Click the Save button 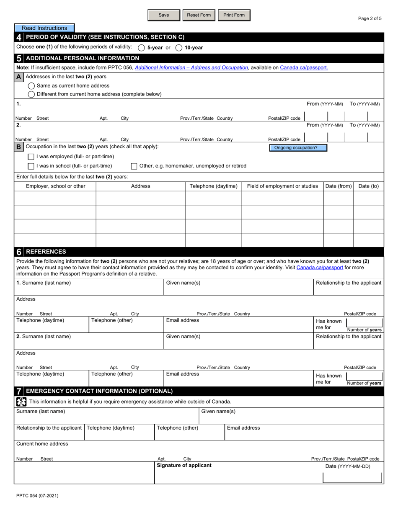click(164, 15)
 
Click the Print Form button click(234, 15)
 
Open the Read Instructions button click(44, 28)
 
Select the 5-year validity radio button click(142, 48)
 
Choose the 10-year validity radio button click(179, 48)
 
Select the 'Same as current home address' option click(31, 86)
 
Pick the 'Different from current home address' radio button click(31, 94)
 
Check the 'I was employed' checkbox click(31, 157)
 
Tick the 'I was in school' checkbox click(31, 166)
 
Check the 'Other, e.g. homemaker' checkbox click(134, 166)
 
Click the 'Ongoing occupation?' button click(298, 148)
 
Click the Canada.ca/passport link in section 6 click(320, 267)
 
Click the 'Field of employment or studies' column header click(282, 186)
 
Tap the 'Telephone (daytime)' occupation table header click(214, 186)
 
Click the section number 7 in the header click(19, 391)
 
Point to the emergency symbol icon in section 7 click(21, 402)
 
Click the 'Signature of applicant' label click(184, 465)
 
